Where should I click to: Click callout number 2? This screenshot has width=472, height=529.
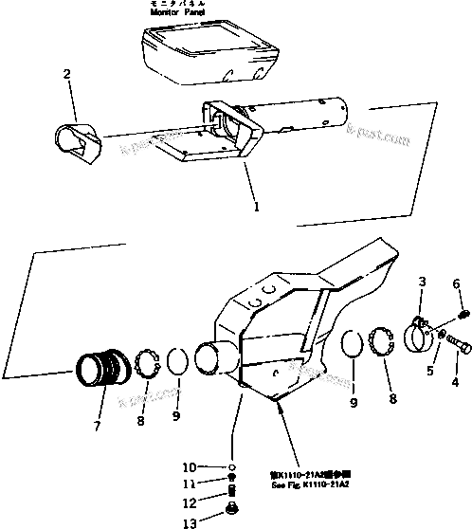[65, 73]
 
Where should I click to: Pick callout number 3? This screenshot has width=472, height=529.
[423, 281]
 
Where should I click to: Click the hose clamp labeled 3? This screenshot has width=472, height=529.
[420, 332]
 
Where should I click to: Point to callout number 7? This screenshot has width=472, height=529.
[96, 426]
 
